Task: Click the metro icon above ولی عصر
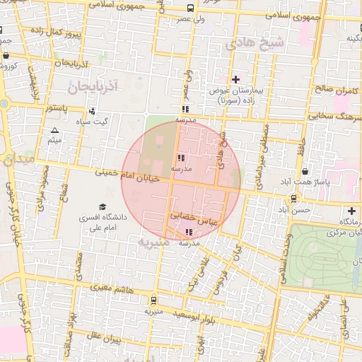[189, 8]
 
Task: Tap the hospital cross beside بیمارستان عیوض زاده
[236, 78]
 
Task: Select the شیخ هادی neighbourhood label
[254, 43]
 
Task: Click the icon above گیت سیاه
[92, 111]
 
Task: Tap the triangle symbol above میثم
[55, 130]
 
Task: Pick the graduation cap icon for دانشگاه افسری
[103, 207]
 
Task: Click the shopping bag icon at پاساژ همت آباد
[305, 171]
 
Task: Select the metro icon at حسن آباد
[293, 199]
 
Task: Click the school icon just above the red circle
[185, 110]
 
